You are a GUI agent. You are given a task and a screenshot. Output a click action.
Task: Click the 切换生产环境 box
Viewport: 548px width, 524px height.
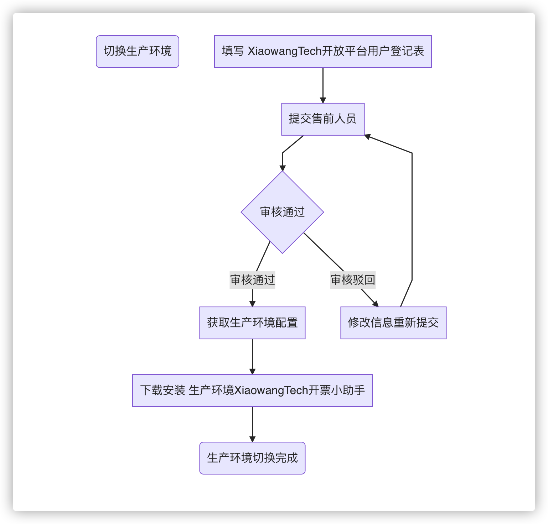tap(138, 52)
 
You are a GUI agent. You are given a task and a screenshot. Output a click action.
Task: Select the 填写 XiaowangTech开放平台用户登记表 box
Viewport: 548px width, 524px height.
tap(323, 52)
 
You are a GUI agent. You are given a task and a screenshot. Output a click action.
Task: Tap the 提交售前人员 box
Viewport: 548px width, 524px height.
tap(323, 119)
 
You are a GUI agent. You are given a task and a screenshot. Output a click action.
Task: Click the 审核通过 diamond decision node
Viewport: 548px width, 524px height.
tap(282, 212)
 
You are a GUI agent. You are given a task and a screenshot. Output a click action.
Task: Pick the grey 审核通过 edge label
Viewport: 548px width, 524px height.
tap(252, 280)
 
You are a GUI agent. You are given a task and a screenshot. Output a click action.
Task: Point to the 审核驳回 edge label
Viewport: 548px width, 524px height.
tap(353, 280)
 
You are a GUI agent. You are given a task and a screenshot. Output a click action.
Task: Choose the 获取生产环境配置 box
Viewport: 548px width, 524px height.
tap(252, 323)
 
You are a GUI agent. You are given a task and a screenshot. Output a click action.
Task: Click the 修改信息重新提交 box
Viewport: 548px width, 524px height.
tap(393, 323)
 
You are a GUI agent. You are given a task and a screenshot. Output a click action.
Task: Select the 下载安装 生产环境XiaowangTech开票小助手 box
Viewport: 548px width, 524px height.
tap(252, 391)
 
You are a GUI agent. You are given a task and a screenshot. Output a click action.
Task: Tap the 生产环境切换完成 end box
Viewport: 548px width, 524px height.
tap(252, 458)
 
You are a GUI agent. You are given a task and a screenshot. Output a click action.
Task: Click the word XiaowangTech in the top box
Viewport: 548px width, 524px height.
tap(285, 52)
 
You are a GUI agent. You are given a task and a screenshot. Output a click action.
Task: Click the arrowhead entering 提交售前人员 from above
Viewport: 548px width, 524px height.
tap(323, 100)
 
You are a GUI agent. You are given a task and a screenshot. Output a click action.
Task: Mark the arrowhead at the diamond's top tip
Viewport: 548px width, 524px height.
tap(283, 168)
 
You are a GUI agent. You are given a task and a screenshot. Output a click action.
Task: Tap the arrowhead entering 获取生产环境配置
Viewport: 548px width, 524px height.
tap(252, 304)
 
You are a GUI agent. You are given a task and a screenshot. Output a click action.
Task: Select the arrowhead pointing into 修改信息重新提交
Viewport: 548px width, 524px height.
tap(375, 304)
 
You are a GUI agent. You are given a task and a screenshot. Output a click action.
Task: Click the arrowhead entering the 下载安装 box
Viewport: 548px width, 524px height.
tap(252, 371)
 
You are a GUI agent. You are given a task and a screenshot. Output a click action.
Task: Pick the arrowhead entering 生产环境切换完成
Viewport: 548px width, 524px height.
tap(252, 439)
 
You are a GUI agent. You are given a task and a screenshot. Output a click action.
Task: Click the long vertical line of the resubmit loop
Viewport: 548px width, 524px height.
tap(412, 217)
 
